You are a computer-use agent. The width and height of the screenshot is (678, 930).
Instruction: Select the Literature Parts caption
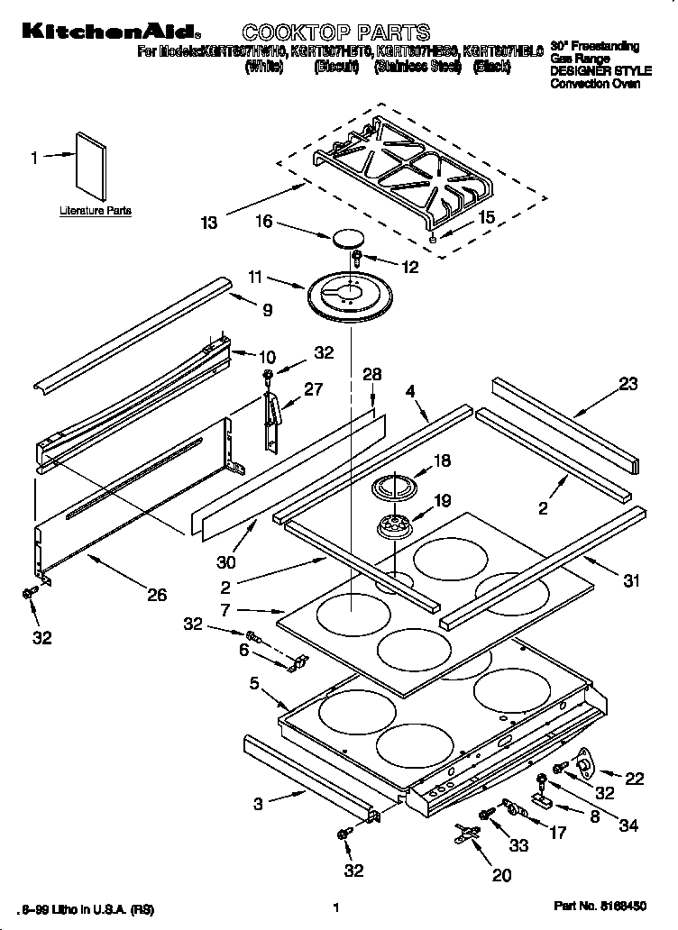click(x=96, y=211)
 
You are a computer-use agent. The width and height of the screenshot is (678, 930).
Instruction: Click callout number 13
click(x=209, y=223)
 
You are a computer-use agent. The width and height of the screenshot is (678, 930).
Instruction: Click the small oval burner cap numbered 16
click(x=344, y=239)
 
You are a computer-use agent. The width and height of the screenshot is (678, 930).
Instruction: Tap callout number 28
click(x=371, y=375)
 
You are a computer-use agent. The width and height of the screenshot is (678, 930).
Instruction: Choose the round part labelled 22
click(x=583, y=765)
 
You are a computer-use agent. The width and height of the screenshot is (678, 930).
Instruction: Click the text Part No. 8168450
click(x=600, y=907)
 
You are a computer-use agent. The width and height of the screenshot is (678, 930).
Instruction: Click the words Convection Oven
click(x=595, y=84)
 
